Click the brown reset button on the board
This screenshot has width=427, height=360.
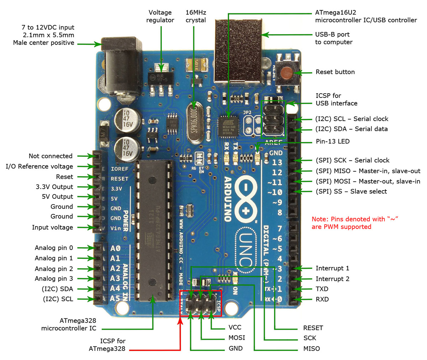(286, 73)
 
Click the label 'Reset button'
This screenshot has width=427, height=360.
(335, 72)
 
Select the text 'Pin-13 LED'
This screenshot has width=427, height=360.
(332, 141)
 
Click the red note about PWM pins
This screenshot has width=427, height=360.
(354, 223)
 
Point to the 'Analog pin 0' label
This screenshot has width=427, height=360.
(54, 248)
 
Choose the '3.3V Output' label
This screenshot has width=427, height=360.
(54, 187)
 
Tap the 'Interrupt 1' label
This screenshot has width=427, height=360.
(332, 268)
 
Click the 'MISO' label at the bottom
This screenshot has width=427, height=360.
(311, 349)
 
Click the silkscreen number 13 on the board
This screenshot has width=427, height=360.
(277, 162)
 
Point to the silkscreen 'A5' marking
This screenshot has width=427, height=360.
(115, 298)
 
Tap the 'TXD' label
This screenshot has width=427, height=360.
(322, 289)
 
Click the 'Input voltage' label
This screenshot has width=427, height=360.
(52, 227)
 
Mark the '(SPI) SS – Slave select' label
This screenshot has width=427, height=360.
(351, 191)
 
